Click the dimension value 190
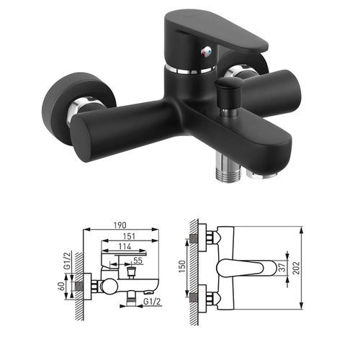tap(120, 225)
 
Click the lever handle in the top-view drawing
tap(248, 269)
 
